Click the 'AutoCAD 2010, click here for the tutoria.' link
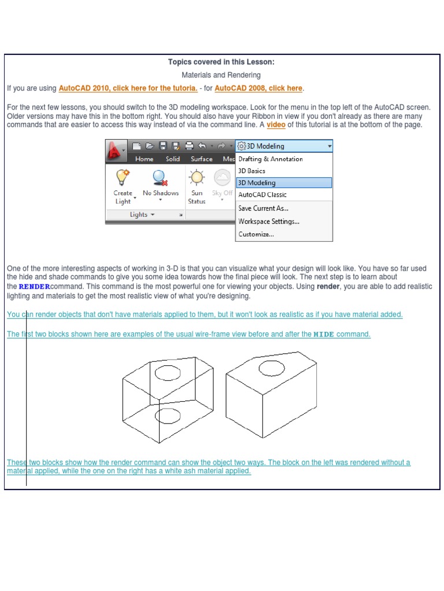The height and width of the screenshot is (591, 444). pos(128,88)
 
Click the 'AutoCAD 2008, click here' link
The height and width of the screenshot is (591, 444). pos(258,88)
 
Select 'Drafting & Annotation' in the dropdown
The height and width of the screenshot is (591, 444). pos(271,159)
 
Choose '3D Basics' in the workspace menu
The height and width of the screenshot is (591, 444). pos(251,171)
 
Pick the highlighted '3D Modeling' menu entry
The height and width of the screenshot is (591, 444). pos(257,183)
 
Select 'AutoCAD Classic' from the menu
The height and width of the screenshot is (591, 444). pos(262,195)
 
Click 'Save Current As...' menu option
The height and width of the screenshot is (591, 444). pos(263,208)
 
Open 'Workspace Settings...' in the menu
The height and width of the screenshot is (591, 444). pos(269,222)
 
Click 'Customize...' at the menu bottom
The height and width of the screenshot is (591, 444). pos(256,234)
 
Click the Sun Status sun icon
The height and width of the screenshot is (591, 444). pos(197,177)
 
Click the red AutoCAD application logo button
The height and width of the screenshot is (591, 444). pos(114,152)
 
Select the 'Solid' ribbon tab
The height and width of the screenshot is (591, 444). pos(173,159)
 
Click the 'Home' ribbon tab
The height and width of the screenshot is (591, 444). pos(144,159)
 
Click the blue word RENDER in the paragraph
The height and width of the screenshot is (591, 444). pos(34,287)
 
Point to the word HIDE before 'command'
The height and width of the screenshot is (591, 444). pos(324,335)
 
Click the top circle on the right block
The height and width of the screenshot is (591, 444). pos(271,368)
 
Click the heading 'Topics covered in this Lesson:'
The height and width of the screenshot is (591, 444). pos(221,62)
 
